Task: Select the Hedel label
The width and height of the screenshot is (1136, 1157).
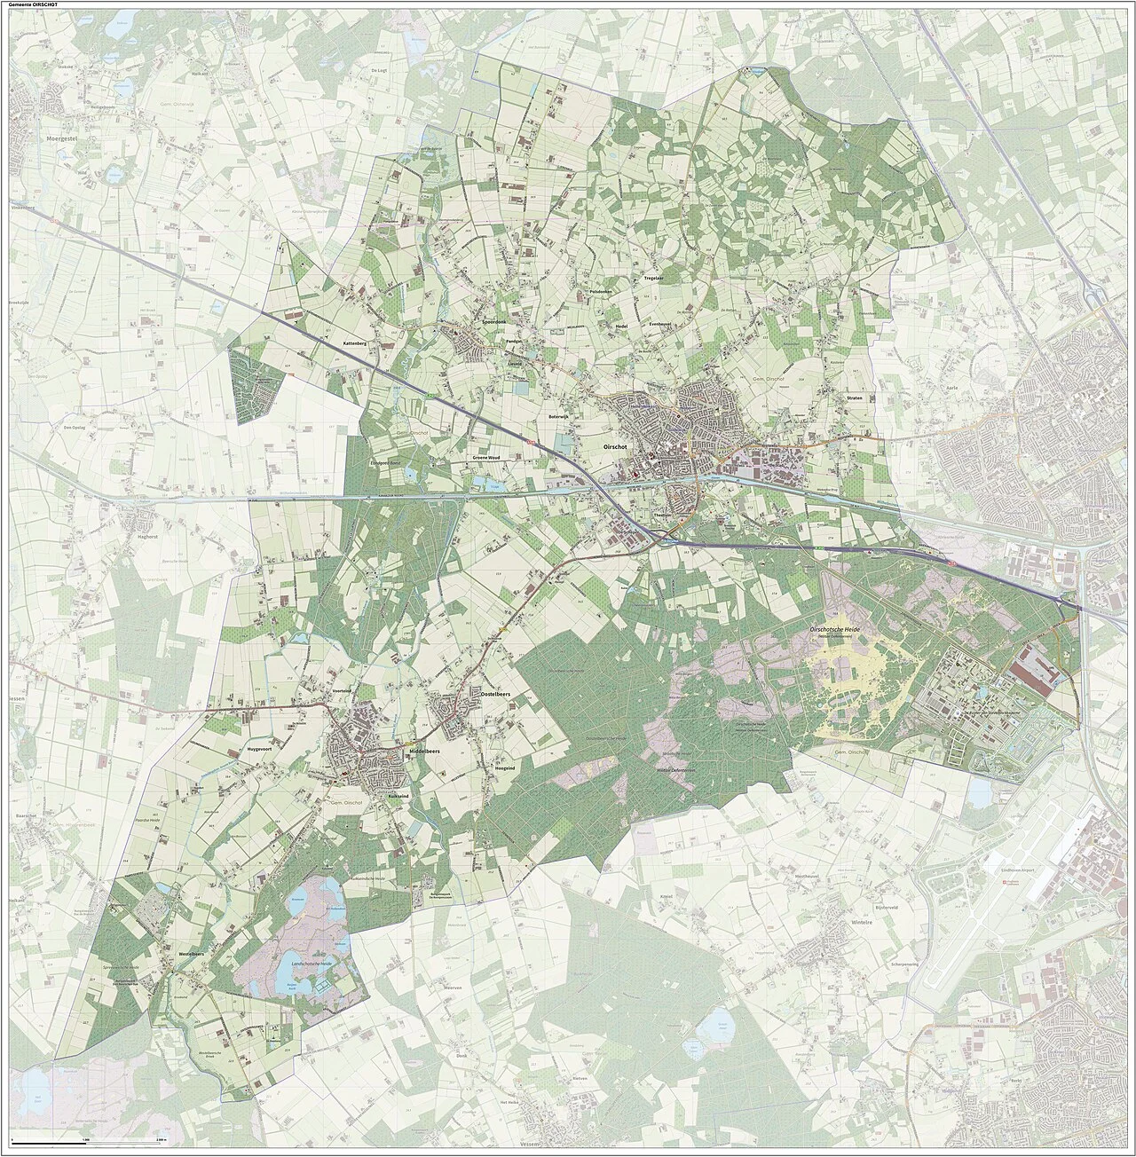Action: coord(621,327)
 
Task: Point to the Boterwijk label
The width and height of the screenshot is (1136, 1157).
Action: coord(557,415)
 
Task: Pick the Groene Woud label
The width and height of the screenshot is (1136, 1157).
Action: coord(485,457)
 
